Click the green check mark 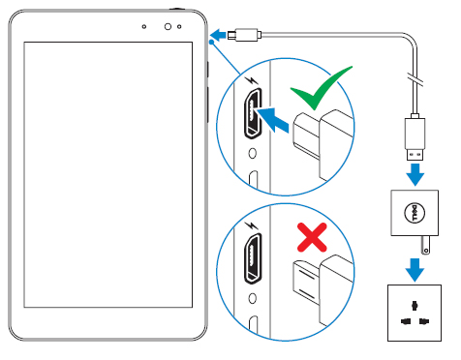[x=322, y=93]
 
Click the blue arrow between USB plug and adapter [x=415, y=173]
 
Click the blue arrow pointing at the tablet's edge [x=222, y=35]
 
